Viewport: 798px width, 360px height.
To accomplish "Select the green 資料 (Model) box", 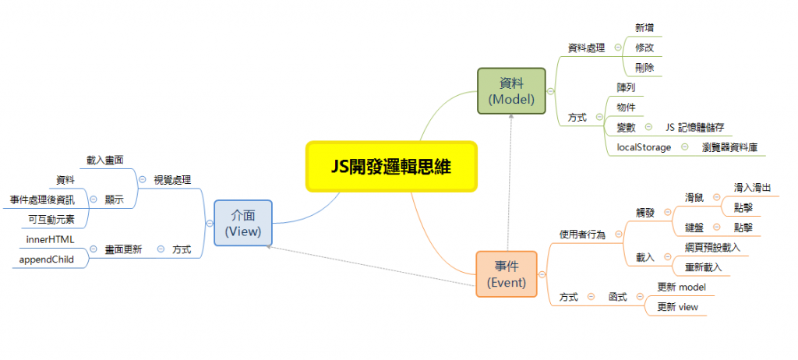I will (x=511, y=90).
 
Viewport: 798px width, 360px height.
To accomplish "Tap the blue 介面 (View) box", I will (x=242, y=221).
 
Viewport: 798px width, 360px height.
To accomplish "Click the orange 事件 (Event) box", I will (x=507, y=274).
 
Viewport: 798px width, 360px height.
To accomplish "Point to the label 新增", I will (x=644, y=27).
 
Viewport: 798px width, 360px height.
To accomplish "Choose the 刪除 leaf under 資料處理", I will (x=644, y=68).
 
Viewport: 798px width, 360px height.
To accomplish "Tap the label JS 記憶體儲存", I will (x=694, y=127).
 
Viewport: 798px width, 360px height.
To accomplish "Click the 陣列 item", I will (x=626, y=87).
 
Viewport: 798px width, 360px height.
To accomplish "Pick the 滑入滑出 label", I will (x=753, y=188).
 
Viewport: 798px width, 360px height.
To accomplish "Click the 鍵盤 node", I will (x=694, y=227).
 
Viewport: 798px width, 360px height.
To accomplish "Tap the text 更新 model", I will (x=681, y=287).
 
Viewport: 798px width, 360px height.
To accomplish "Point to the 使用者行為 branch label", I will (x=582, y=234).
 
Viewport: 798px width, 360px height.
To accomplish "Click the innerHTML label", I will (x=50, y=239).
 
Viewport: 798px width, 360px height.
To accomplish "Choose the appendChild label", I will (x=47, y=259).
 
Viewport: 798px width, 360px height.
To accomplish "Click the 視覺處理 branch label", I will (x=173, y=179).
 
